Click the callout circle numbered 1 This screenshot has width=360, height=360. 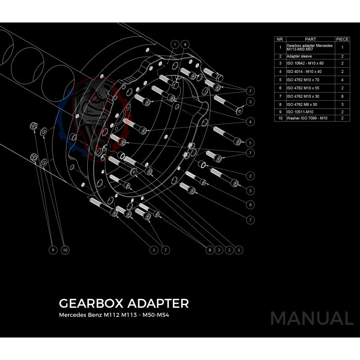click(x=175, y=44)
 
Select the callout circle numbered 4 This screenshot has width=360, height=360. click(x=186, y=44)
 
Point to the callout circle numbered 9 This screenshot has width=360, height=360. click(x=53, y=250)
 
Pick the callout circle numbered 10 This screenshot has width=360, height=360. click(x=65, y=250)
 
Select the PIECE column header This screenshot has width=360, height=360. click(x=342, y=39)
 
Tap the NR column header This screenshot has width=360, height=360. click(x=280, y=39)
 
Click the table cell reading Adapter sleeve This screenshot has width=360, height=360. click(x=299, y=56)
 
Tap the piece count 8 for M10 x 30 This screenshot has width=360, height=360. click(x=342, y=96)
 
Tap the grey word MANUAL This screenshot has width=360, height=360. click(x=311, y=319)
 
